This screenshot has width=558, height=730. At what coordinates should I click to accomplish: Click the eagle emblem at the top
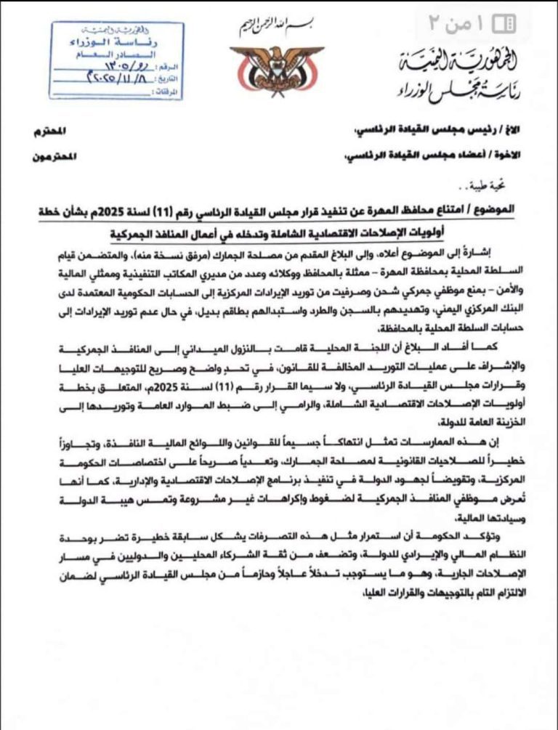pos(267,68)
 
